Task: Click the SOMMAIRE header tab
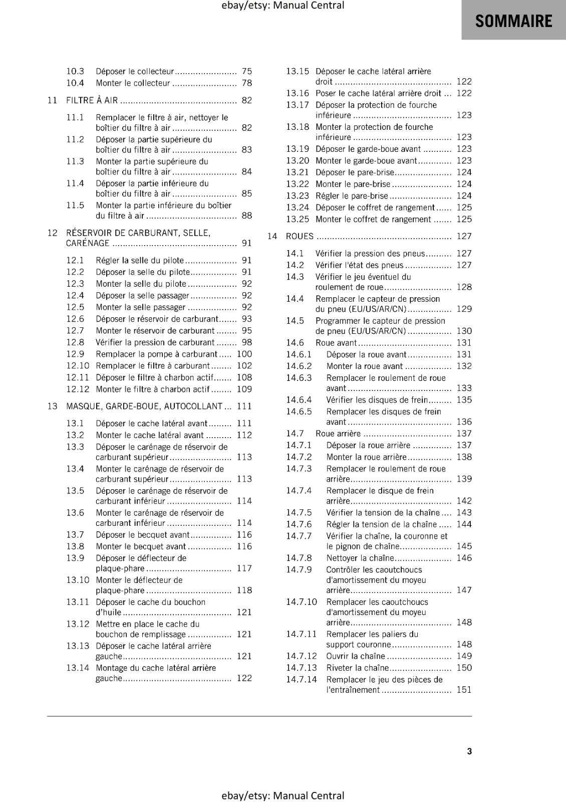[x=513, y=21]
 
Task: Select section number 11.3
[x=75, y=161]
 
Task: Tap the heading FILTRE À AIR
[x=92, y=100]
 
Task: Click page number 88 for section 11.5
[x=246, y=216]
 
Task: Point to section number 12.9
[x=75, y=354]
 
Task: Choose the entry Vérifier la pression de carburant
[x=155, y=342]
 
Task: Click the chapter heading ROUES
[x=300, y=236]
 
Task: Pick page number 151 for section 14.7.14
[x=464, y=690]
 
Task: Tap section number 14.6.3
[x=299, y=378]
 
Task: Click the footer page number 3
[x=469, y=751]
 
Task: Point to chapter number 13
[x=52, y=406]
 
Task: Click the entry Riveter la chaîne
[x=357, y=668]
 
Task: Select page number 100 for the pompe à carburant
[x=244, y=354]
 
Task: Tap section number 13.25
[x=298, y=219]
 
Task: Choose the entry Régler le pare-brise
[x=352, y=196]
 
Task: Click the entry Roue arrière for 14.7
[x=338, y=434]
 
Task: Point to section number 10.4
[x=75, y=83]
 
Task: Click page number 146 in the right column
[x=464, y=558]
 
